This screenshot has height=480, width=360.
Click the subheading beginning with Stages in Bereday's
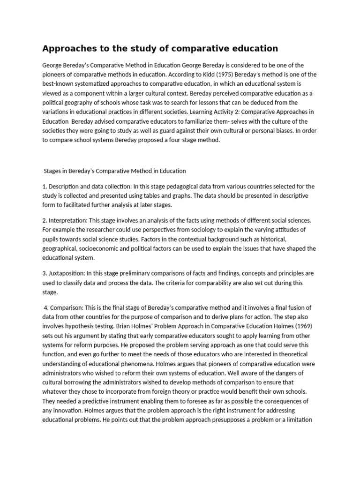pos(115,171)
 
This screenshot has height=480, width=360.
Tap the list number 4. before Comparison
pos(46,307)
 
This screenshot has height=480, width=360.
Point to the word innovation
pos(68,411)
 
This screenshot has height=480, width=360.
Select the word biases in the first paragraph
pos(283,131)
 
